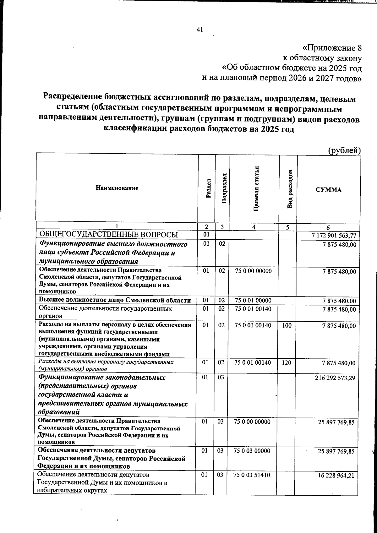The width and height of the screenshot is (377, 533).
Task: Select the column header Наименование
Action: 117,188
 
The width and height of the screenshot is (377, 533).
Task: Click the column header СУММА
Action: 328,190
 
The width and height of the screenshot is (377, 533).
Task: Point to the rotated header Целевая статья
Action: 256,188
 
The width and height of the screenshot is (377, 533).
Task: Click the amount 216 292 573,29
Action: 335,378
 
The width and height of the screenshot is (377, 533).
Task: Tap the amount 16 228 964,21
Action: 336,476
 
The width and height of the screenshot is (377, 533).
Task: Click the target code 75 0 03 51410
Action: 252,475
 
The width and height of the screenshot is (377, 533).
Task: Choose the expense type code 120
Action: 286,363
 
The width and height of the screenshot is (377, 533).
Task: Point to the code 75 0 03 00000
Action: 252,451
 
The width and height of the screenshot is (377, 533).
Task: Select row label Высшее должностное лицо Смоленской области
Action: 115,300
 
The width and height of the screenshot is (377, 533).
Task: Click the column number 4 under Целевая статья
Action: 254,227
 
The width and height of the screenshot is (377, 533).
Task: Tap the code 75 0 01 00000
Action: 253,301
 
